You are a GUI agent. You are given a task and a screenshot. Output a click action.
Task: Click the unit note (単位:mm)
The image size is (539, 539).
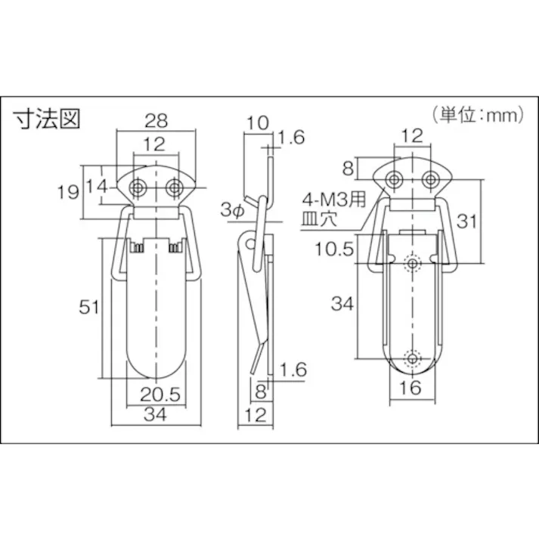click(479, 116)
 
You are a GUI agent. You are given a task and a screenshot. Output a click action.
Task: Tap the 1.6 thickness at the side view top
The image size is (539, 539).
click(290, 138)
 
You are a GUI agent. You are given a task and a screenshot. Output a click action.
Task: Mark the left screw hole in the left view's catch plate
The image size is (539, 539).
click(138, 186)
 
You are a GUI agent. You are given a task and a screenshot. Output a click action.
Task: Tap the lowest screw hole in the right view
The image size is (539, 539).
click(412, 358)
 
